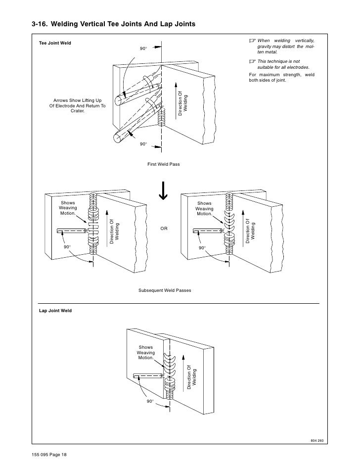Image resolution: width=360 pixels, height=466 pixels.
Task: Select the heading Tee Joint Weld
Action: coord(55,44)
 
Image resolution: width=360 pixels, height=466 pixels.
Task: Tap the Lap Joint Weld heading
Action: coord(55,311)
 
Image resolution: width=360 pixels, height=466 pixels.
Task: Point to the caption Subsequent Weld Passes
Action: coord(165,290)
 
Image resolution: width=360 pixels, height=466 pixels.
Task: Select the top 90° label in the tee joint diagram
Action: coord(143,48)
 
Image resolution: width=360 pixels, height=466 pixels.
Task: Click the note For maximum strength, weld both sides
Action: coord(281,78)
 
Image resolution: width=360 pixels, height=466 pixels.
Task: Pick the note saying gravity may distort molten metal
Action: coord(285,46)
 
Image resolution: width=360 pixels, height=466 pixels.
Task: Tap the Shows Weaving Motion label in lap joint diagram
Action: coord(146,352)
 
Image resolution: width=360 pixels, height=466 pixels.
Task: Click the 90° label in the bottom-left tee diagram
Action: coord(67,246)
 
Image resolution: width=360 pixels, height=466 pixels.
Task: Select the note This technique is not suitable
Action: coord(283,63)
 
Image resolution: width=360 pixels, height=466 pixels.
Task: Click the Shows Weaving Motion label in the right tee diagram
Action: coord(204,208)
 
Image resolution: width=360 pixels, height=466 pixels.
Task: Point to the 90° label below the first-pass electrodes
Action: coord(143,144)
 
